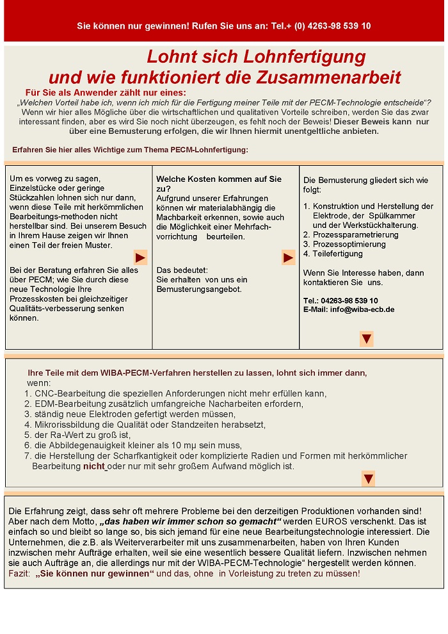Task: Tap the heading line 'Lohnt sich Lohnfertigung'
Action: (x=256, y=56)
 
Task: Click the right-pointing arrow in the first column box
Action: (x=140, y=257)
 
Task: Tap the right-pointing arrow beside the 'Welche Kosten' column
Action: (x=288, y=257)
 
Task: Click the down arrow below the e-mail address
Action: (x=366, y=339)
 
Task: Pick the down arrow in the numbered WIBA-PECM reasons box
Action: (x=368, y=478)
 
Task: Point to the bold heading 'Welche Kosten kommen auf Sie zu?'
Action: (x=218, y=184)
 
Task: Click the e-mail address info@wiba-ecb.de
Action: (x=362, y=309)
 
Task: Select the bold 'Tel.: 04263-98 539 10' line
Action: (x=340, y=300)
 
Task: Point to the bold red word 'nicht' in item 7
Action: (x=93, y=466)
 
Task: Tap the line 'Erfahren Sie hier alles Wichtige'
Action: (x=130, y=150)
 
